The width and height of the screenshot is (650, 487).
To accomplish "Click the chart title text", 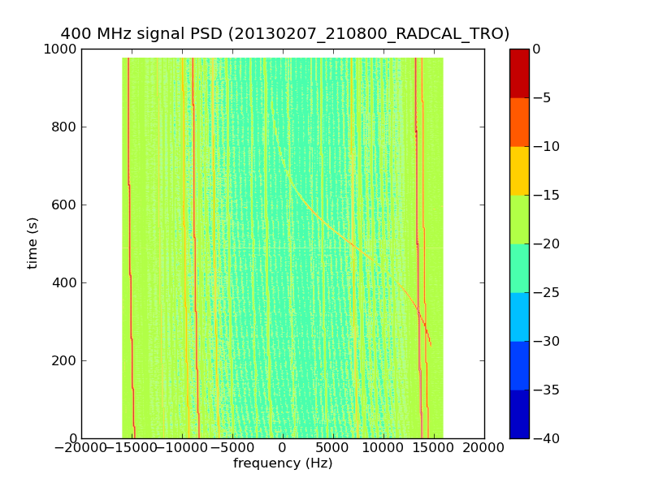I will click(285, 34).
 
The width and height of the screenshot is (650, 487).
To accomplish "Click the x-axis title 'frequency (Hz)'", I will click(283, 463).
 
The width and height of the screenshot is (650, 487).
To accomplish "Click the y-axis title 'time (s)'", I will click(33, 243).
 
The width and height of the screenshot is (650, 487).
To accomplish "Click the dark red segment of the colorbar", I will click(518, 73).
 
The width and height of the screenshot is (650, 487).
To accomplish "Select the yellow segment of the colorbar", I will click(518, 170).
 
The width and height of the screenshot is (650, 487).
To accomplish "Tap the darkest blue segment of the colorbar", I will click(518, 414).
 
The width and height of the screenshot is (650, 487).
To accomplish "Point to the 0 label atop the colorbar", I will click(537, 50).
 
